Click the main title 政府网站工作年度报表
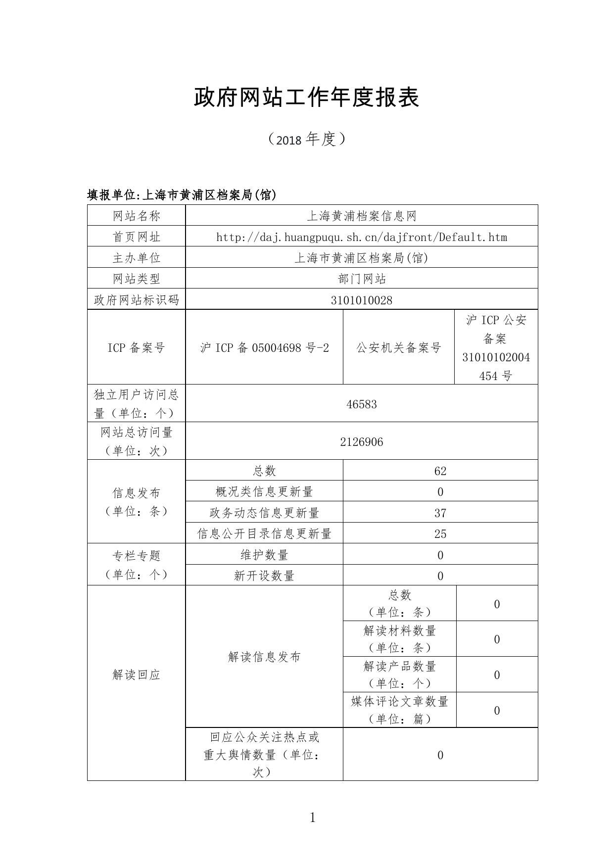[x=306, y=97]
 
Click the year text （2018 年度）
[x=306, y=140]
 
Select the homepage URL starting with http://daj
[x=362, y=237]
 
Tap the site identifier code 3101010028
[x=362, y=300]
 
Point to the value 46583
[x=362, y=404]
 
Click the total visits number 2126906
[x=362, y=442]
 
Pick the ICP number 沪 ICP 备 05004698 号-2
[x=264, y=348]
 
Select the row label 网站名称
[x=137, y=216]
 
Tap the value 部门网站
[x=362, y=279]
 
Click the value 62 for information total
[x=440, y=471]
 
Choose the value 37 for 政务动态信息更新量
[x=440, y=513]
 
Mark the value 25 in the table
[x=440, y=534]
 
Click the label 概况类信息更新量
[x=264, y=492]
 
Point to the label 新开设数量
[x=264, y=576]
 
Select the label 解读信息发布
[x=264, y=657]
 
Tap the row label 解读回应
[x=137, y=675]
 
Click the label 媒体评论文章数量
[x=399, y=702]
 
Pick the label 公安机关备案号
[x=399, y=348]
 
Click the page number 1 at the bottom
[x=312, y=818]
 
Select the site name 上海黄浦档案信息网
[x=362, y=216]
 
